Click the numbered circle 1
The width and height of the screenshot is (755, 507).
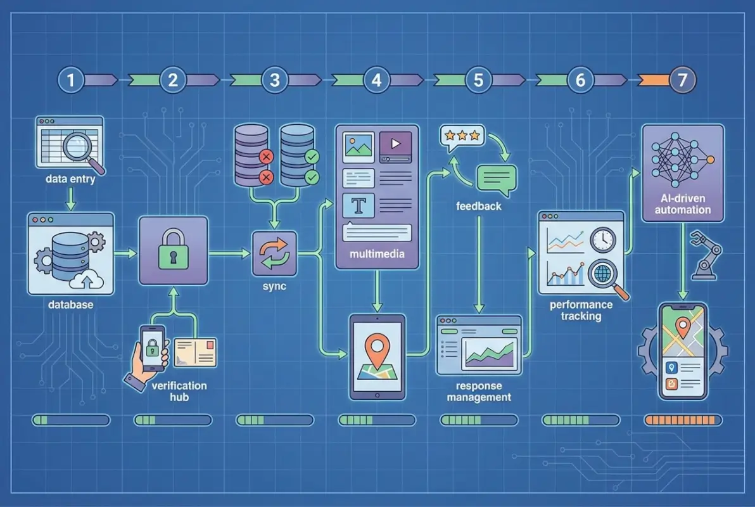71,80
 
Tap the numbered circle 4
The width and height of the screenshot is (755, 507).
377,80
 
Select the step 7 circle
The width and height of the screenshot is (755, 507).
682,80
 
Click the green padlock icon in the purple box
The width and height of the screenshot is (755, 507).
173,252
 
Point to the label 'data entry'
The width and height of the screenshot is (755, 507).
70,179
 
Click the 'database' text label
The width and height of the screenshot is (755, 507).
70,305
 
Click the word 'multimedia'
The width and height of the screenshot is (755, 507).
376,255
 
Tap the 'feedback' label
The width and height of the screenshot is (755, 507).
478,206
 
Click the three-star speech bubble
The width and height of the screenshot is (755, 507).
461,137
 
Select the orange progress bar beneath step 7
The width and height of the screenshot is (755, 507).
682,420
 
